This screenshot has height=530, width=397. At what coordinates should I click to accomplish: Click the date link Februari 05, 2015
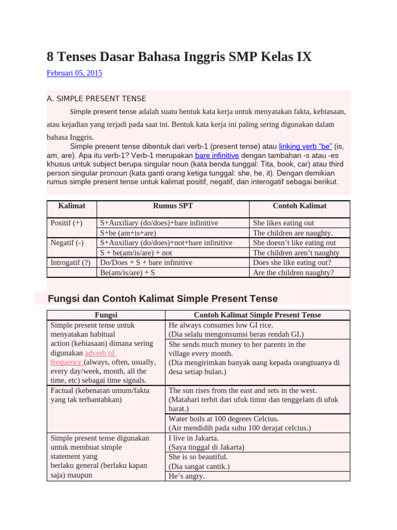(x=74, y=73)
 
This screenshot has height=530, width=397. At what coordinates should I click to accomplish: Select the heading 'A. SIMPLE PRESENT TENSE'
(x=96, y=99)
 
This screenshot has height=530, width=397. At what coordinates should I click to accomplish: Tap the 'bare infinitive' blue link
(x=217, y=155)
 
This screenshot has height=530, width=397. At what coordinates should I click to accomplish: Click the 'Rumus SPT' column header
(x=173, y=206)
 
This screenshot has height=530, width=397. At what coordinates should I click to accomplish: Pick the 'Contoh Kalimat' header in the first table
(x=299, y=206)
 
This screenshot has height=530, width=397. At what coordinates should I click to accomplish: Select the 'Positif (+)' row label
(x=67, y=223)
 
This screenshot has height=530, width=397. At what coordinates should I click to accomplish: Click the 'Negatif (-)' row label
(x=67, y=243)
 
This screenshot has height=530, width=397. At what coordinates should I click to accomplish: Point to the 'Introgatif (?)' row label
(x=70, y=262)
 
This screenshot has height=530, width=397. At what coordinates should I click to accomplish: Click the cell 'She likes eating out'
(x=283, y=223)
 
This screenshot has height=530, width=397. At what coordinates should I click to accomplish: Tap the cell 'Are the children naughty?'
(x=293, y=272)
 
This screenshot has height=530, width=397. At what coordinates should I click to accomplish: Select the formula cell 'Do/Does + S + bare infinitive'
(x=146, y=262)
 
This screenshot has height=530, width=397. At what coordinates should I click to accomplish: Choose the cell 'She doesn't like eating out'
(x=294, y=243)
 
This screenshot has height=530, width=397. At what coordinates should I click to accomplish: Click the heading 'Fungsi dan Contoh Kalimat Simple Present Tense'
(x=162, y=299)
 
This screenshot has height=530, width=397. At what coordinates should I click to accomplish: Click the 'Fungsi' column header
(x=105, y=315)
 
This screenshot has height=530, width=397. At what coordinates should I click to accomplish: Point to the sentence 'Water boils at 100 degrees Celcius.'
(x=224, y=419)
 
